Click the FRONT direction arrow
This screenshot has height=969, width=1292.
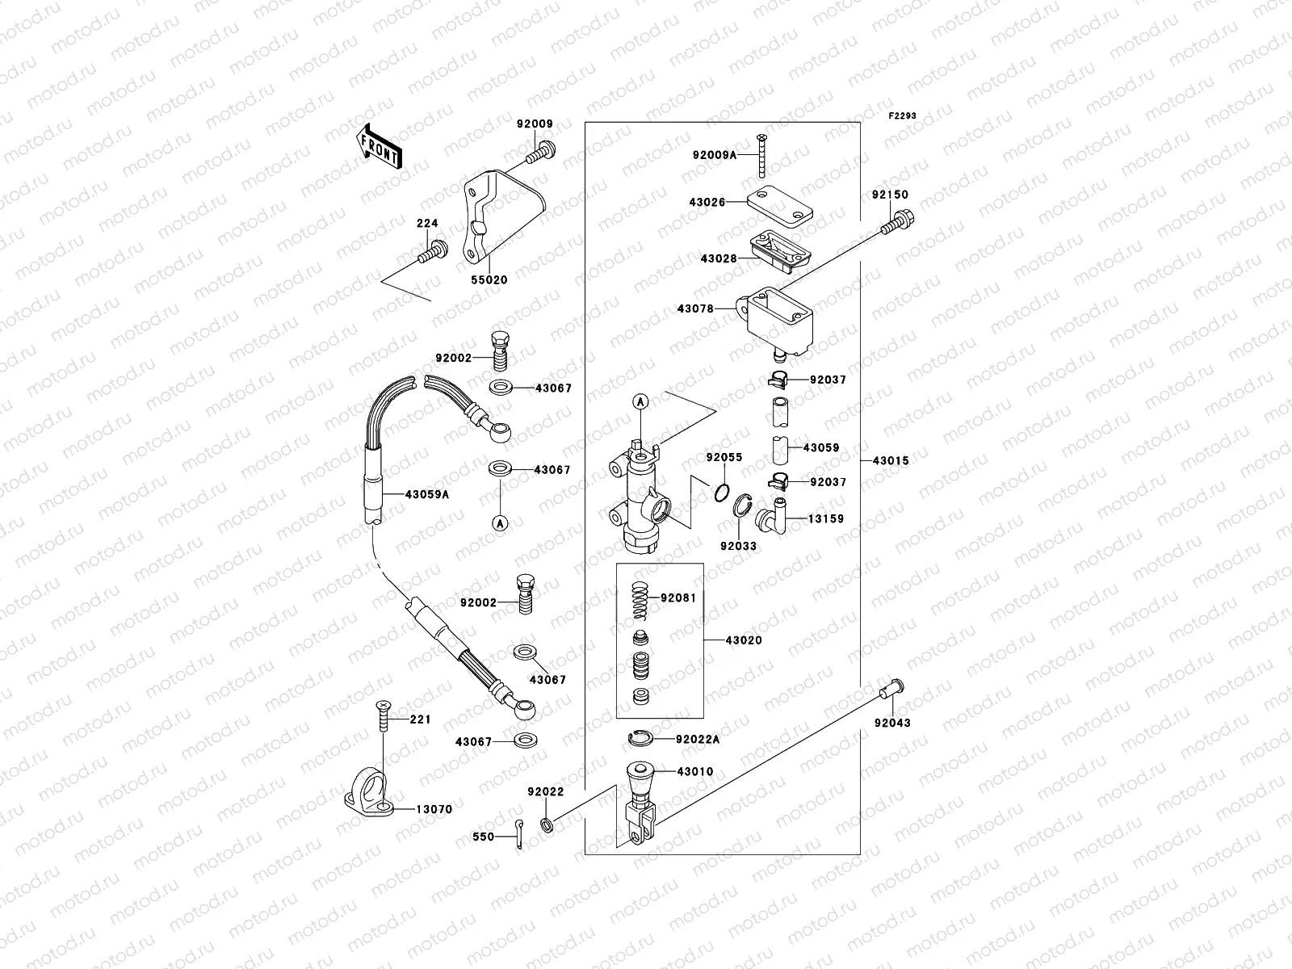pyautogui.click(x=380, y=146)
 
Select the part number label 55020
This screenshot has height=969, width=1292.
pyautogui.click(x=489, y=280)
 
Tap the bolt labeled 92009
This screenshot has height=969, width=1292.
pyautogui.click(x=544, y=151)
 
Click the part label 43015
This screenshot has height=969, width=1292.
pyautogui.click(x=891, y=461)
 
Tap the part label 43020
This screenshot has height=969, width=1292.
pyautogui.click(x=743, y=640)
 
